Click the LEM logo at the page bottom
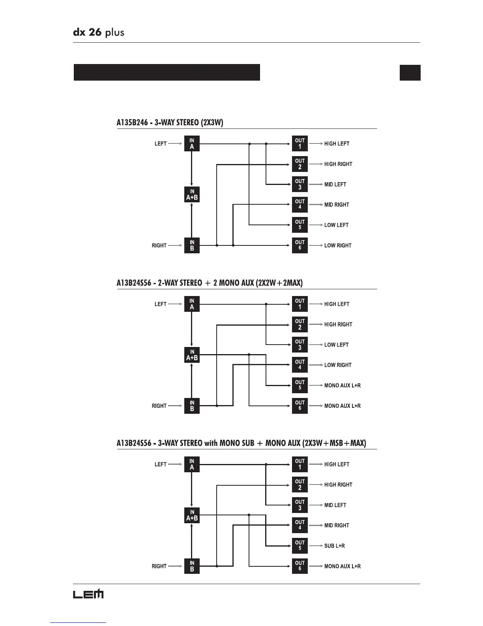(88, 594)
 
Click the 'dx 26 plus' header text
(99, 32)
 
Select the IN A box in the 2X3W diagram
(192, 144)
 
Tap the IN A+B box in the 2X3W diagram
(192, 194)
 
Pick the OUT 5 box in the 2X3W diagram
(300, 225)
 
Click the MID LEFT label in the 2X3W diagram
(335, 185)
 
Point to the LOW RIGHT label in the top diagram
(338, 245)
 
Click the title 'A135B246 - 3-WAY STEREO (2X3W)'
(170, 123)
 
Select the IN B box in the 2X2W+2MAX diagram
(192, 406)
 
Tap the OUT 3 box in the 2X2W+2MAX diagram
(300, 345)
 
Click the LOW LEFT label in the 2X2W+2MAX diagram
(336, 345)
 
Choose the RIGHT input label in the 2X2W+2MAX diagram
(159, 406)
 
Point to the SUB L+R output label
(335, 546)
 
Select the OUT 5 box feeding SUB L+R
(300, 545)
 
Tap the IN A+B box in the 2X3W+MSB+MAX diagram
(192, 515)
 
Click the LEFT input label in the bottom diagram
(160, 464)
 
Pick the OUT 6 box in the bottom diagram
(300, 566)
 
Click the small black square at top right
(410, 73)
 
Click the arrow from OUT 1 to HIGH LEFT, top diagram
(316, 144)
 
